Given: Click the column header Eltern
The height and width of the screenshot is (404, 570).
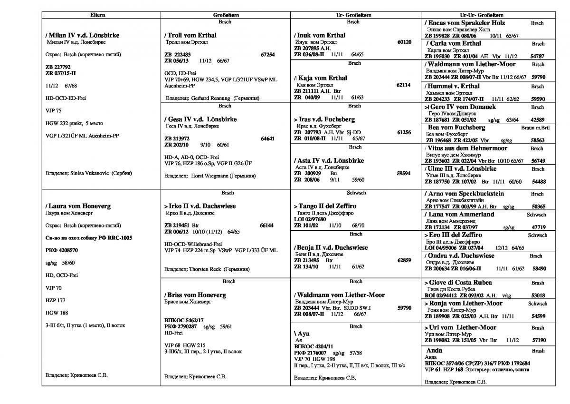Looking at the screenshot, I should [101, 16].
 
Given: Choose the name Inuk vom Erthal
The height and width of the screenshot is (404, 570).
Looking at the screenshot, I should [320, 35].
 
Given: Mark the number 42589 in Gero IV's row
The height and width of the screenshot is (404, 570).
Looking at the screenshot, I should [538, 120].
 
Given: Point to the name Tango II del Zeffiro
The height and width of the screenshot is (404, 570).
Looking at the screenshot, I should [325, 206].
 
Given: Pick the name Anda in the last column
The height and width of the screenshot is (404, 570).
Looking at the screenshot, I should [434, 350].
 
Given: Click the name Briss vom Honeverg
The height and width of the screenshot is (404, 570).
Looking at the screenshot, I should [195, 295].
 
